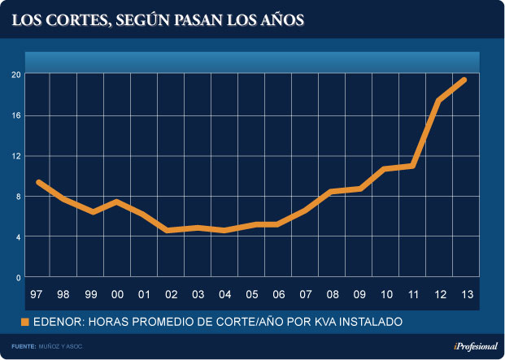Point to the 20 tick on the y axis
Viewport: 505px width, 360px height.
(16, 75)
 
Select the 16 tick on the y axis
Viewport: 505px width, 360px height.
(16, 115)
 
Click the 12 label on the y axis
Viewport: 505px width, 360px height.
(16, 156)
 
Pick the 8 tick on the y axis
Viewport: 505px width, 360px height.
(18, 197)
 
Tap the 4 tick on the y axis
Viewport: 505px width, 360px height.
(18, 237)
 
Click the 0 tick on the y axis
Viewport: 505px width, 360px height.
(18, 278)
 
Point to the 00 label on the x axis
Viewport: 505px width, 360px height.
(117, 294)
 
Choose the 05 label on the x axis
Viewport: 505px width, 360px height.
(251, 294)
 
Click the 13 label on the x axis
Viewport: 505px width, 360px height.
(465, 294)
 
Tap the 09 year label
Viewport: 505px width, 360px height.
(359, 294)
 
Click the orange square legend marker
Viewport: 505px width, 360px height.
(25, 323)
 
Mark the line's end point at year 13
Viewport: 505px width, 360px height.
(464, 80)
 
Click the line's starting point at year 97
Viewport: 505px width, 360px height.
(39, 182)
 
